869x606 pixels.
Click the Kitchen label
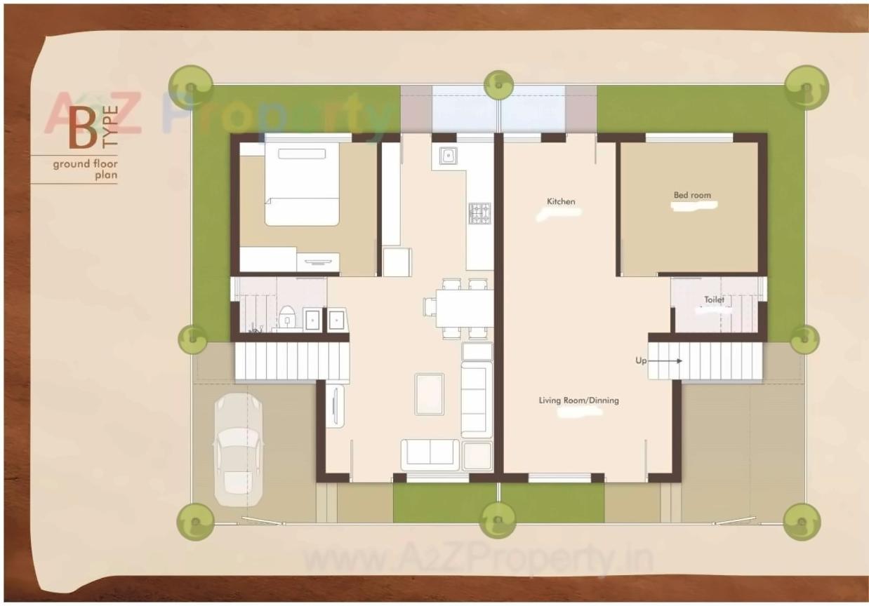point(561,202)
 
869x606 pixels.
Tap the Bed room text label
point(692,196)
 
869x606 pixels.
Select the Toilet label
point(714,300)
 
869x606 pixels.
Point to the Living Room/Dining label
point(578,400)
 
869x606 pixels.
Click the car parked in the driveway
point(238,449)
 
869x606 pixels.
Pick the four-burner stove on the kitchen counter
point(479,213)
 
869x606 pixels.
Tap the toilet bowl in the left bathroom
point(286,317)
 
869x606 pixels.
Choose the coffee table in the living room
point(430,393)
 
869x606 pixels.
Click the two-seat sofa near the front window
point(430,454)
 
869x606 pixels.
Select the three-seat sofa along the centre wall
point(476,400)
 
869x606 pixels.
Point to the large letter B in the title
point(83,130)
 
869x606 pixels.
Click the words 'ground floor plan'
point(84,170)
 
